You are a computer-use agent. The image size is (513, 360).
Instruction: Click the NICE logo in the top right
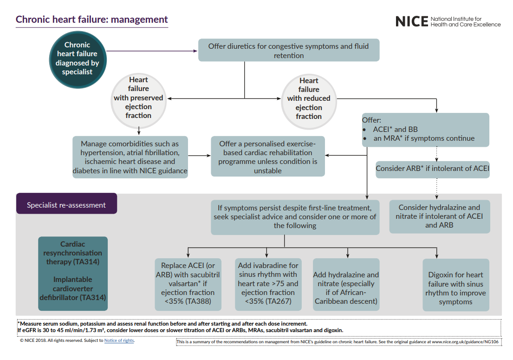[x=448, y=21]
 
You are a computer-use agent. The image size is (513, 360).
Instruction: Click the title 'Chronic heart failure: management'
[x=92, y=20]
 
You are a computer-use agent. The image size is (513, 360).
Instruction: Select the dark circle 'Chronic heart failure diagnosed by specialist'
[x=77, y=59]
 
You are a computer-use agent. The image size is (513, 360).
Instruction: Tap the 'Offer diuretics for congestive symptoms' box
[x=289, y=51]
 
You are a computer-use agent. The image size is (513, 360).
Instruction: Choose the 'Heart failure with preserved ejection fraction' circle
[x=138, y=98]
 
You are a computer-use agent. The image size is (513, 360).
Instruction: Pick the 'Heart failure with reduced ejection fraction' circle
[x=309, y=99]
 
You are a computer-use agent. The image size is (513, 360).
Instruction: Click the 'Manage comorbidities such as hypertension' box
[x=130, y=157]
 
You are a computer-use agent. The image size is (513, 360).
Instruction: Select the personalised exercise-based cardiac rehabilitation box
[x=268, y=157]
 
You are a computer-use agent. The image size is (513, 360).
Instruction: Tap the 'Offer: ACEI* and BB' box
[x=425, y=130]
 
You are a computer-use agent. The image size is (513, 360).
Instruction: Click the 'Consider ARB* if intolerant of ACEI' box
[x=432, y=169]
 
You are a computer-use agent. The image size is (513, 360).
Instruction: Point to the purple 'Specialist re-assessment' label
[x=66, y=205]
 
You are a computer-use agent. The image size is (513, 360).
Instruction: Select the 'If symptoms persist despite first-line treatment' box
[x=295, y=217]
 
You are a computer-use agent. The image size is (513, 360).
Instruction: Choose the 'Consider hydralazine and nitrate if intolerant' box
[x=439, y=216]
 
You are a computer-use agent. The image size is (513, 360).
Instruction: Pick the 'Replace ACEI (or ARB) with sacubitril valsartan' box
[x=188, y=284]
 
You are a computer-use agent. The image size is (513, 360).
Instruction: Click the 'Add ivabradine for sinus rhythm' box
[x=268, y=284]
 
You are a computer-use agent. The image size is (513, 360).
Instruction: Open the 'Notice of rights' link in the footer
[x=119, y=340]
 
